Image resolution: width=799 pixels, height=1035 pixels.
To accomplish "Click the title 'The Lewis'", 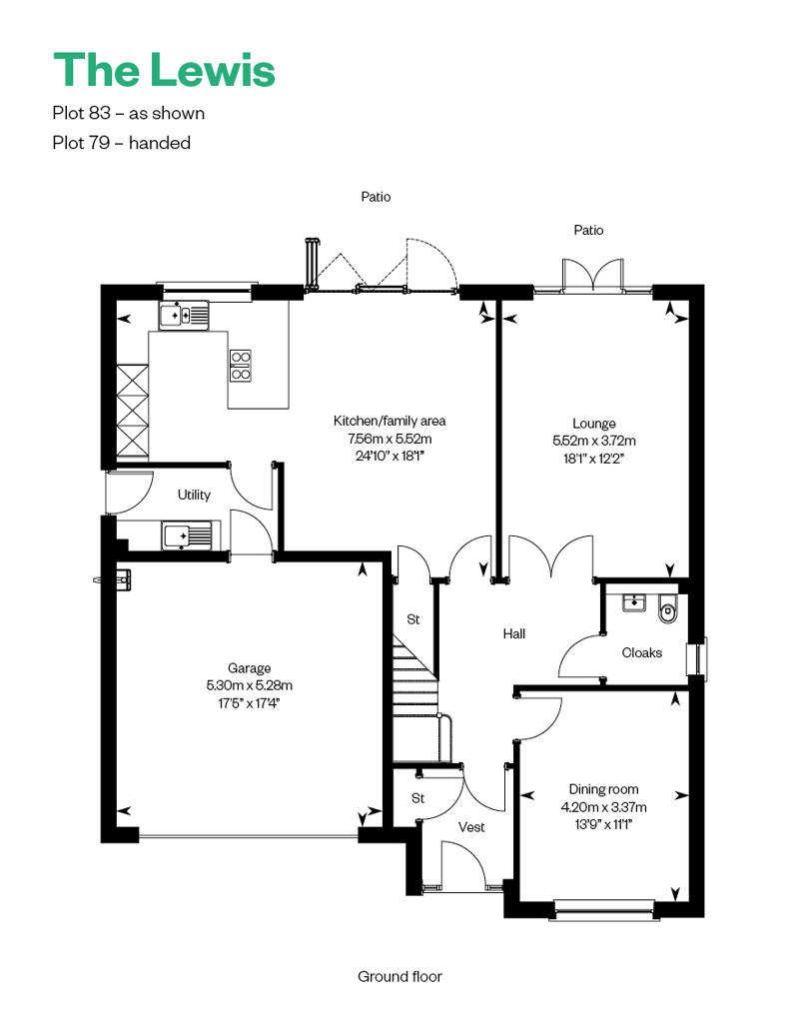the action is click(x=164, y=69).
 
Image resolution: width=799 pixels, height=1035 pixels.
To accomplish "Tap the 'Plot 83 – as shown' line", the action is click(x=129, y=113).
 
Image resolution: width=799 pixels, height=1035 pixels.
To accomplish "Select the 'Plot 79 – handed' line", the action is click(x=122, y=143).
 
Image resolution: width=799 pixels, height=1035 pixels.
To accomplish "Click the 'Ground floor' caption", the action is click(x=399, y=976).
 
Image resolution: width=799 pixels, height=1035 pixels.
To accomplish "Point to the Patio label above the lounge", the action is click(x=588, y=230).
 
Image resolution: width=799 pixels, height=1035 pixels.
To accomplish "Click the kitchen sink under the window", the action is click(x=184, y=316).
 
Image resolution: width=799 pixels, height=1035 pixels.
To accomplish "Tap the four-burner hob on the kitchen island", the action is click(x=240, y=366).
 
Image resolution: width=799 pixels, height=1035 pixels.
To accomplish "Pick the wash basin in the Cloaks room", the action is click(x=634, y=602).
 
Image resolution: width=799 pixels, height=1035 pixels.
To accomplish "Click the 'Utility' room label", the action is click(x=194, y=495).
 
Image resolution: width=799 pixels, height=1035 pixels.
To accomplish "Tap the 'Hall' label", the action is click(x=514, y=633).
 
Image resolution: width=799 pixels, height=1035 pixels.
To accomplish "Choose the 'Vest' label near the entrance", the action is click(x=471, y=826).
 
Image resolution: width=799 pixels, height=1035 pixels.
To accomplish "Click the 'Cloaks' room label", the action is click(x=642, y=652).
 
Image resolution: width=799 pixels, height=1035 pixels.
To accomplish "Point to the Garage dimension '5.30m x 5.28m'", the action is click(x=250, y=685).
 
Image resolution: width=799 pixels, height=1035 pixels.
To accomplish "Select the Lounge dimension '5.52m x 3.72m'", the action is click(x=594, y=441).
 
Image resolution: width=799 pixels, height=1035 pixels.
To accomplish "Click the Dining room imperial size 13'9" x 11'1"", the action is click(x=603, y=824).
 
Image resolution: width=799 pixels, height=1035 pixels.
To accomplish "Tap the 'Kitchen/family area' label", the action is click(x=390, y=421).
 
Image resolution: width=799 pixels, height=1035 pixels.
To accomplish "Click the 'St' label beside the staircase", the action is click(x=413, y=619).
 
